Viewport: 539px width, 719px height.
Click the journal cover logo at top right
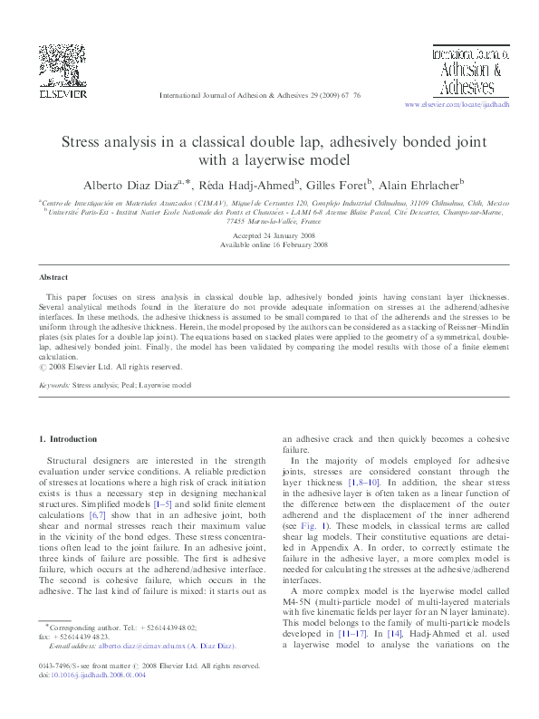461,72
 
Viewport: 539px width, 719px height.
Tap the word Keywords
53,385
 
